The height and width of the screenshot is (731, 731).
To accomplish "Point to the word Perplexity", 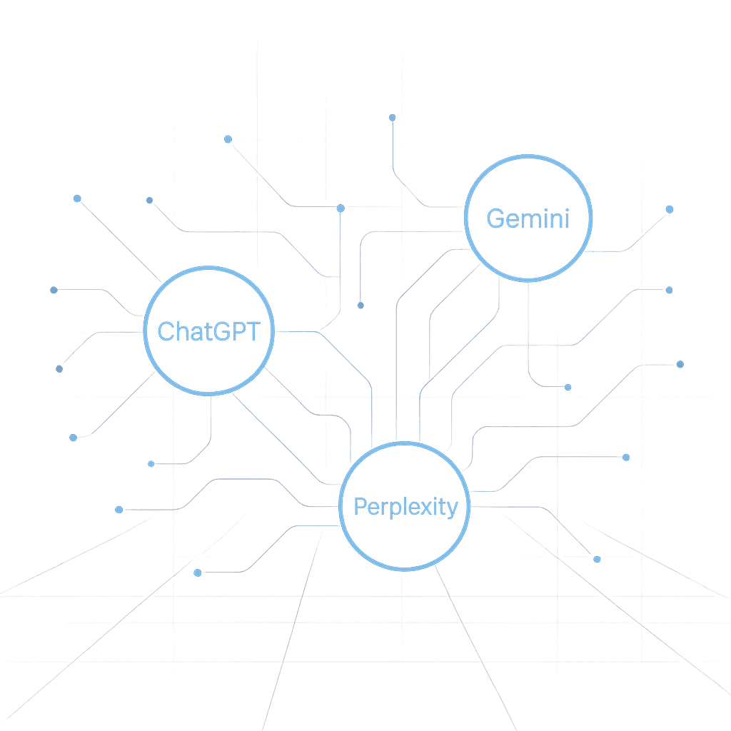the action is pyautogui.click(x=405, y=508).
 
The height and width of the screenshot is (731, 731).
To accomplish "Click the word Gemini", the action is pyautogui.click(x=528, y=218).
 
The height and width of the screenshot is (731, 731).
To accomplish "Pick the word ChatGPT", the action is pyautogui.click(x=209, y=331).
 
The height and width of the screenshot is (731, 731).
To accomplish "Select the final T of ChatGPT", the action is pyautogui.click(x=253, y=331).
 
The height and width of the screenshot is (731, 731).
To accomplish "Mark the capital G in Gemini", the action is pyautogui.click(x=495, y=218).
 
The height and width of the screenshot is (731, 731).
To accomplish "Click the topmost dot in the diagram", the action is pyautogui.click(x=392, y=117).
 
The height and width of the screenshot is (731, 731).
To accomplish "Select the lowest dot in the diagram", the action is pyautogui.click(x=198, y=573).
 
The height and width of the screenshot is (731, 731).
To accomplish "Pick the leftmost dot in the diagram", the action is pyautogui.click(x=54, y=290).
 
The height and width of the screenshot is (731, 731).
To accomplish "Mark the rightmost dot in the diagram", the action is pyautogui.click(x=680, y=364).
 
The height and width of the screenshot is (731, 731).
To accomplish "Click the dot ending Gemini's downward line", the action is pyautogui.click(x=568, y=387).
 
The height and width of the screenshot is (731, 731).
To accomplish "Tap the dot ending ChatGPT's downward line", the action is pyautogui.click(x=151, y=464).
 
